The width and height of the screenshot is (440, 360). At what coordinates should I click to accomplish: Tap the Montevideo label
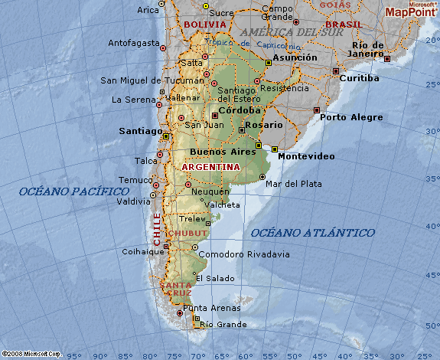point(305,156)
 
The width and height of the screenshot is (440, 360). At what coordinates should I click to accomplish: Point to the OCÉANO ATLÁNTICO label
point(312,232)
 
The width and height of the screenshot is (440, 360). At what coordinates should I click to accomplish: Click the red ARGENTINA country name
point(211,167)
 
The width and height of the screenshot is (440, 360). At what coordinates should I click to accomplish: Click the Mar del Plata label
point(293,184)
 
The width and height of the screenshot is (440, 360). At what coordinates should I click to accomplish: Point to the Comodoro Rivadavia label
point(243,254)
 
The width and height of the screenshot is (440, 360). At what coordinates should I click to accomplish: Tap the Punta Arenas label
point(211,308)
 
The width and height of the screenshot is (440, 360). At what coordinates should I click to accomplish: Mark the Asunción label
point(295,57)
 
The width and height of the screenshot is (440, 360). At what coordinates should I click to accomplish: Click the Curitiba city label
point(360,78)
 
